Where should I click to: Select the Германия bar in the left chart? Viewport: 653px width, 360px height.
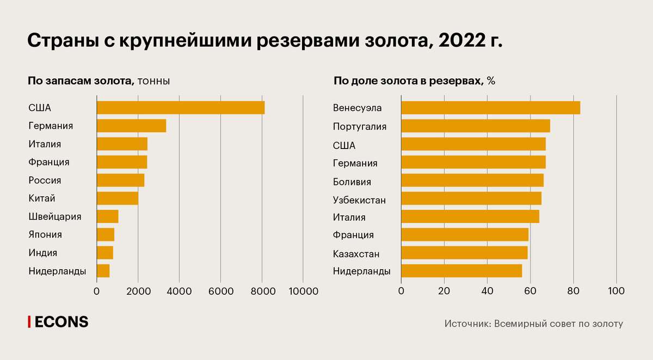131,126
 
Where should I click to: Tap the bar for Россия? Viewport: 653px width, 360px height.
120,180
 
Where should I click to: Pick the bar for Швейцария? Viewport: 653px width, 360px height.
107,216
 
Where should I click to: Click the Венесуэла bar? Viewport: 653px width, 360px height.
490,108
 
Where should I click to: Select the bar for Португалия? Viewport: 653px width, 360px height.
476,126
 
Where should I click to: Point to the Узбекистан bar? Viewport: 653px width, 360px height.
471,198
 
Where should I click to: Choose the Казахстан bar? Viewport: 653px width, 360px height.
464,253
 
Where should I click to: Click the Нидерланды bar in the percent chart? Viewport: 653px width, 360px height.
461,271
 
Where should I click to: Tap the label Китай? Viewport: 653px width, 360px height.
42,198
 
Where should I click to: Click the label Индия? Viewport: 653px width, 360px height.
42,253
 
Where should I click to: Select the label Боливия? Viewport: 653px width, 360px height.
352,182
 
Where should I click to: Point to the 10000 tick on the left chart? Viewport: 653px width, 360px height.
303,291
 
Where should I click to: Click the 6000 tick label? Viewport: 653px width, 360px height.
220,291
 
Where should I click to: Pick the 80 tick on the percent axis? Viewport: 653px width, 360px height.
573,291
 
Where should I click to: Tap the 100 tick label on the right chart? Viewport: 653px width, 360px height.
616,291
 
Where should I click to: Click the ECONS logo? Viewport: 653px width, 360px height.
58,322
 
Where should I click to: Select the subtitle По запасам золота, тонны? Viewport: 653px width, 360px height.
99,81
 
